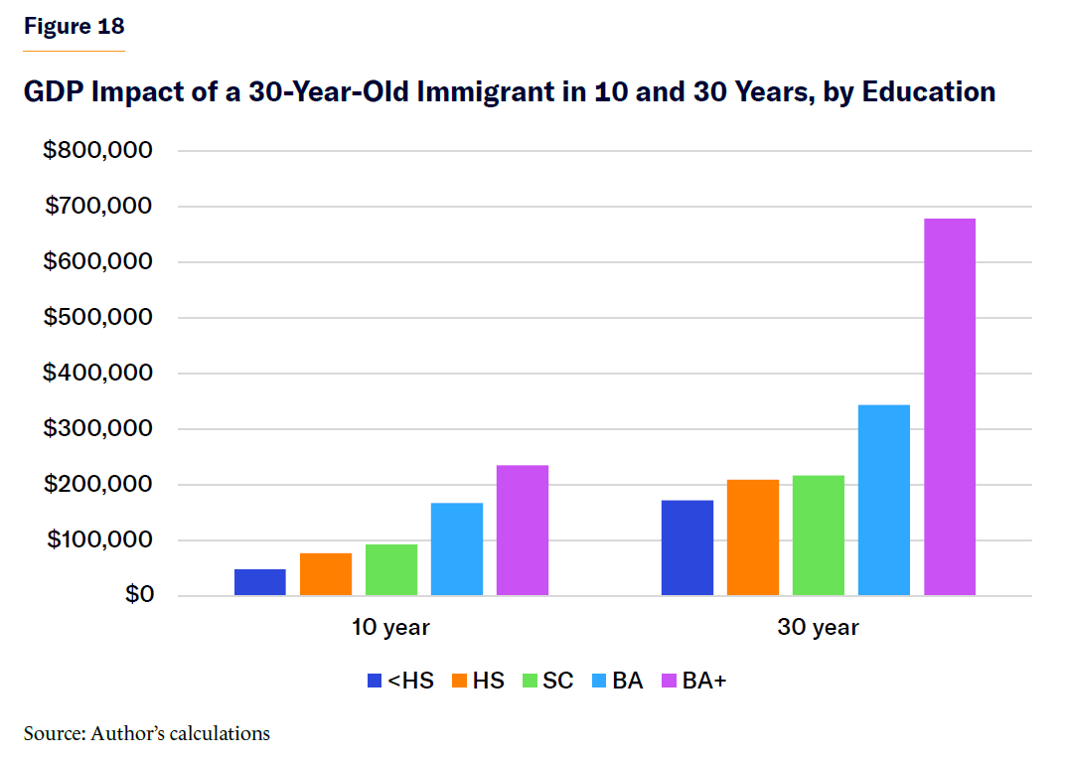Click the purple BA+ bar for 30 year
950,407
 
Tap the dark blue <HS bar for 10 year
260,582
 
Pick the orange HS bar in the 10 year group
326,574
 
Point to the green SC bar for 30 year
819,535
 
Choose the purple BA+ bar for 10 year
523,531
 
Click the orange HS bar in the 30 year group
753,537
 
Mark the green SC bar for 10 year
391,570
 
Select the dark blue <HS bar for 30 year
687,547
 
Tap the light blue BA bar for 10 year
457,549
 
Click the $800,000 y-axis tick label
96,151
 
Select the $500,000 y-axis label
96,318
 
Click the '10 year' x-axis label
390,628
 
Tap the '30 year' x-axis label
818,628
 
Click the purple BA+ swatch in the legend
670,682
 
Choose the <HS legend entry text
411,682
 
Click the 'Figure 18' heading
75,27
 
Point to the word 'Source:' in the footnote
54,734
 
